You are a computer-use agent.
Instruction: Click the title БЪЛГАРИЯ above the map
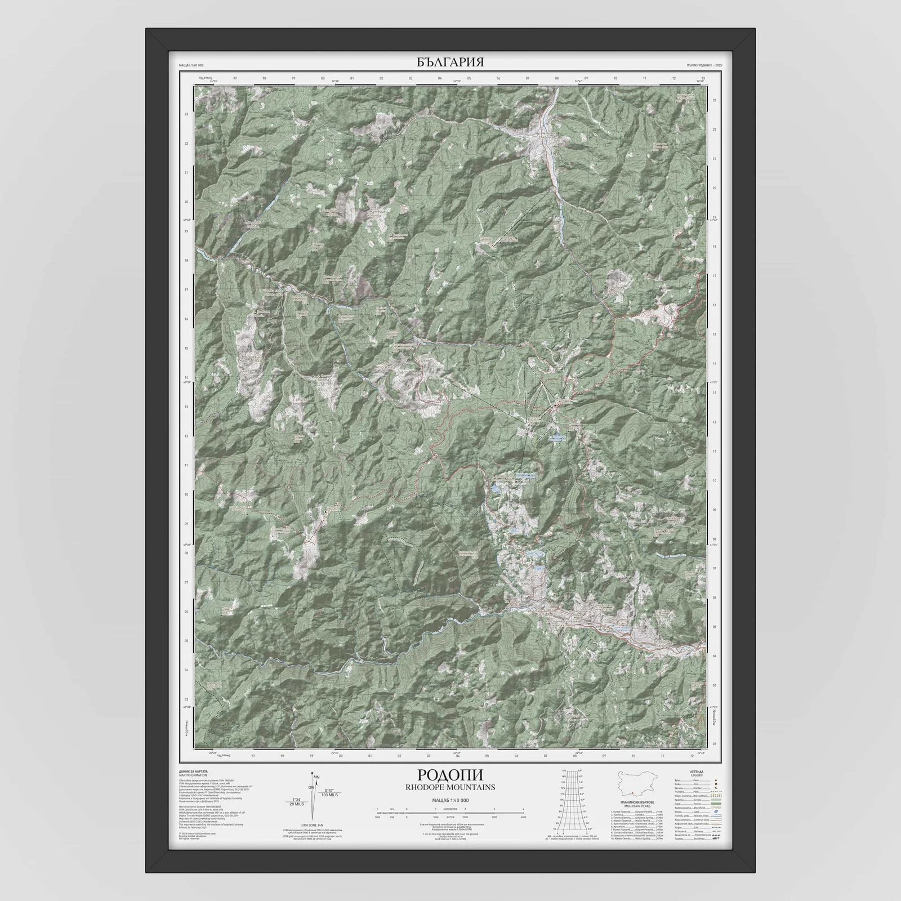(450, 62)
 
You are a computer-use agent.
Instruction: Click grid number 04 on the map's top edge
(439, 79)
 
